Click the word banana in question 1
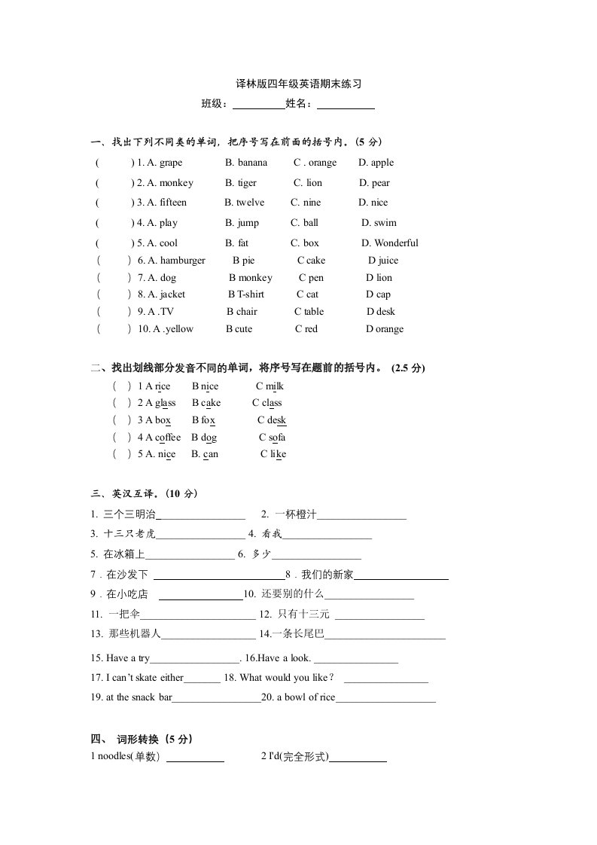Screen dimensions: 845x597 coord(252,163)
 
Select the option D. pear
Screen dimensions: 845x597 coord(374,183)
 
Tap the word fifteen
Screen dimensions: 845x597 coord(172,203)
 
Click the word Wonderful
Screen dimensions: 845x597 coord(396,243)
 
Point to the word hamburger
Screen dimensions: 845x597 coord(182,261)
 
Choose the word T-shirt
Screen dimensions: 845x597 coord(250,294)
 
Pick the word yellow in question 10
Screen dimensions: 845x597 coord(179,329)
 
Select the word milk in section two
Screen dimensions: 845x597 coord(274,386)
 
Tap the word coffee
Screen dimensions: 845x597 coord(168,438)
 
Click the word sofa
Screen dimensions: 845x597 coord(276,438)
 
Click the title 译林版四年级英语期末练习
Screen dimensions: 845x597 coord(299,84)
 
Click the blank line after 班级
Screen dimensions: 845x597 coord(258,105)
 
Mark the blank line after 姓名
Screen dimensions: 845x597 coord(346,105)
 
